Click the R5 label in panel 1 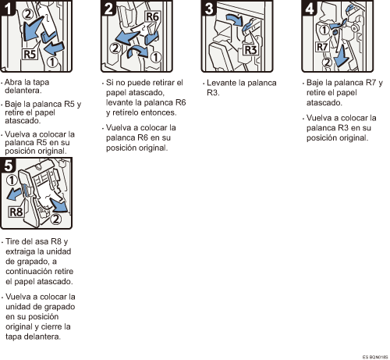30,54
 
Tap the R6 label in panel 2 152,16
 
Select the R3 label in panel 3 250,50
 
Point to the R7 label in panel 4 322,47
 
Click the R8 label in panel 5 16,212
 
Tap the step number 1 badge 7,8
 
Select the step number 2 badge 108,8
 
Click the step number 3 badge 208,8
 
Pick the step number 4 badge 309,8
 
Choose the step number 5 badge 8,166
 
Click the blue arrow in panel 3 235,20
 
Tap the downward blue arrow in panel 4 342,56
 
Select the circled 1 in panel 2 156,57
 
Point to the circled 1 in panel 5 12,180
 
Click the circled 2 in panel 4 328,62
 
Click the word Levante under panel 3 222,83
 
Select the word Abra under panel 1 13,82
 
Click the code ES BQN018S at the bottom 375,357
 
